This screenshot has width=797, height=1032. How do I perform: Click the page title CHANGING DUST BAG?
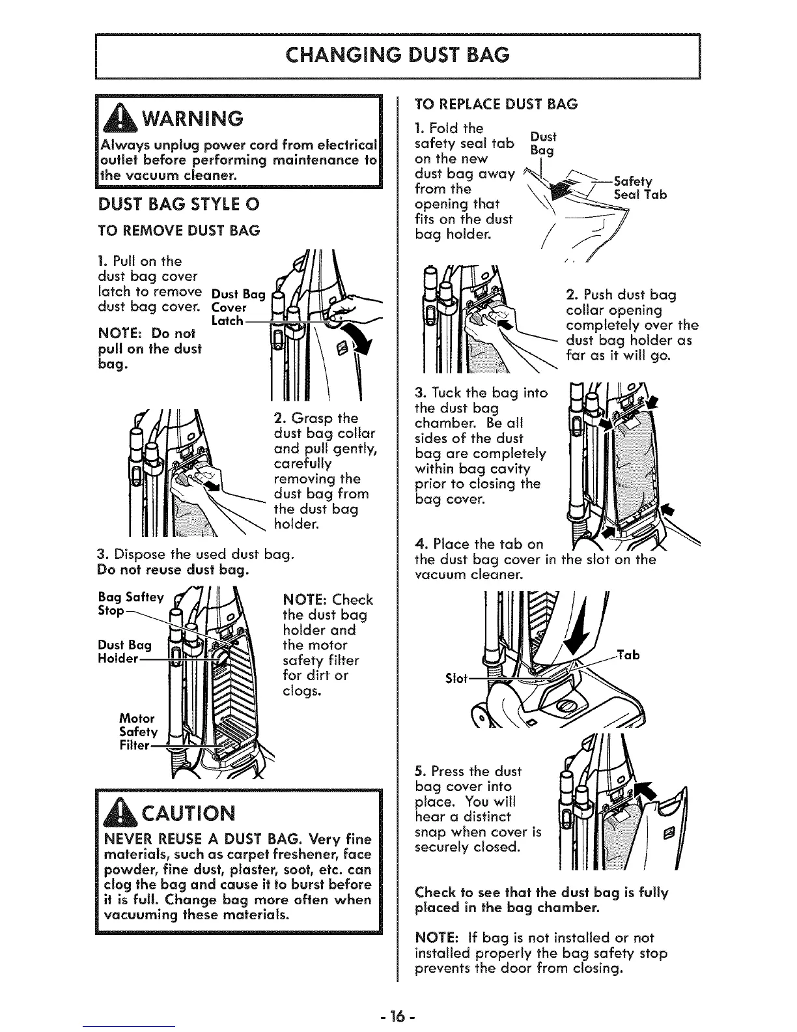[x=398, y=55]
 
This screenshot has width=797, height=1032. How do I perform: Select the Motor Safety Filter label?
[x=136, y=732]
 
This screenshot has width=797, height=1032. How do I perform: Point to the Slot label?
[x=456, y=678]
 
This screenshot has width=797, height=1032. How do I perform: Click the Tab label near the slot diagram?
[x=626, y=655]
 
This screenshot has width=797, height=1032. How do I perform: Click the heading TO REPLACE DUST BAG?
[x=496, y=104]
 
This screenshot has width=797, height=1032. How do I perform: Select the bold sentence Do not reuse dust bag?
[x=172, y=571]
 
